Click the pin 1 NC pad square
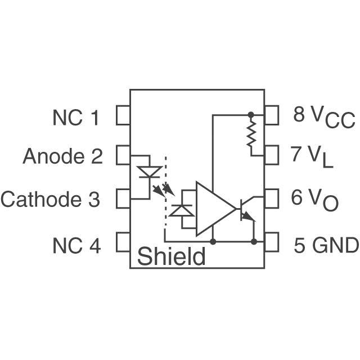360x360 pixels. click(x=123, y=116)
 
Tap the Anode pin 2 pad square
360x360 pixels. click(x=123, y=155)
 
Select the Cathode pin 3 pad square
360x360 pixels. click(x=123, y=199)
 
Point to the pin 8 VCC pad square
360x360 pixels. click(x=272, y=115)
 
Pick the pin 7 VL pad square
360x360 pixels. click(x=272, y=154)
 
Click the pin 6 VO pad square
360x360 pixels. click(x=272, y=197)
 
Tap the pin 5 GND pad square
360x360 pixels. click(x=272, y=242)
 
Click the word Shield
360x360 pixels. click(x=171, y=257)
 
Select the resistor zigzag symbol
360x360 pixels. click(x=251, y=135)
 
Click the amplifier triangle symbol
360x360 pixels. click(x=214, y=209)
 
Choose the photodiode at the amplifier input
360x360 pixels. click(x=182, y=210)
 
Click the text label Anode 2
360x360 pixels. click(x=62, y=156)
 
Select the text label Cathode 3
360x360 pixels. click(x=51, y=199)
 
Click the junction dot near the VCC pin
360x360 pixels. click(x=251, y=114)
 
